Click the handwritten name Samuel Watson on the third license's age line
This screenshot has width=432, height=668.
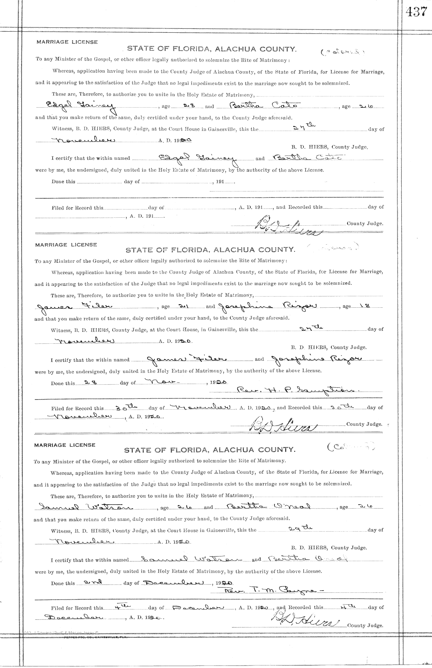coord(86,507)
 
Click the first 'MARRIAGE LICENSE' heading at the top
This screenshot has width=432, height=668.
coord(67,42)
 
